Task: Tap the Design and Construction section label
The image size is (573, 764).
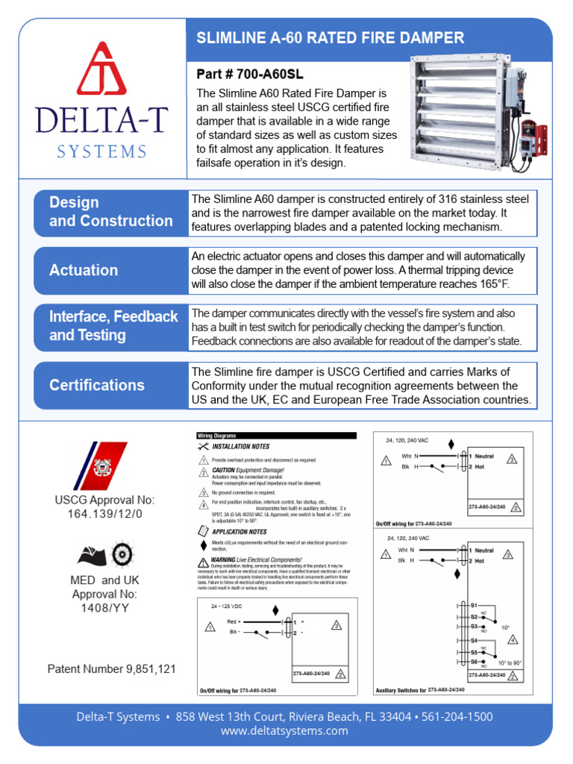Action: (x=110, y=212)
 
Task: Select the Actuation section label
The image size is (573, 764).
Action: (x=84, y=270)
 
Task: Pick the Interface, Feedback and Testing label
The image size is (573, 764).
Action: (x=113, y=326)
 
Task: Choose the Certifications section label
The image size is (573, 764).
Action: (x=97, y=385)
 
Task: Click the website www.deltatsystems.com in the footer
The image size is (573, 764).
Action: (x=284, y=731)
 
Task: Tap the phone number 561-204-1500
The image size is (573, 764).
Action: (x=457, y=717)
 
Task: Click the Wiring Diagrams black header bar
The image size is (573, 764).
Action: (x=276, y=436)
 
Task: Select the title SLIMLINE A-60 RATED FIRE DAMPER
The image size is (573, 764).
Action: (x=330, y=38)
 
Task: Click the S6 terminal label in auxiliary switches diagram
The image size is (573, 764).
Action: (x=473, y=662)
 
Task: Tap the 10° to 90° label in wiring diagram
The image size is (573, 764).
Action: (x=510, y=663)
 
